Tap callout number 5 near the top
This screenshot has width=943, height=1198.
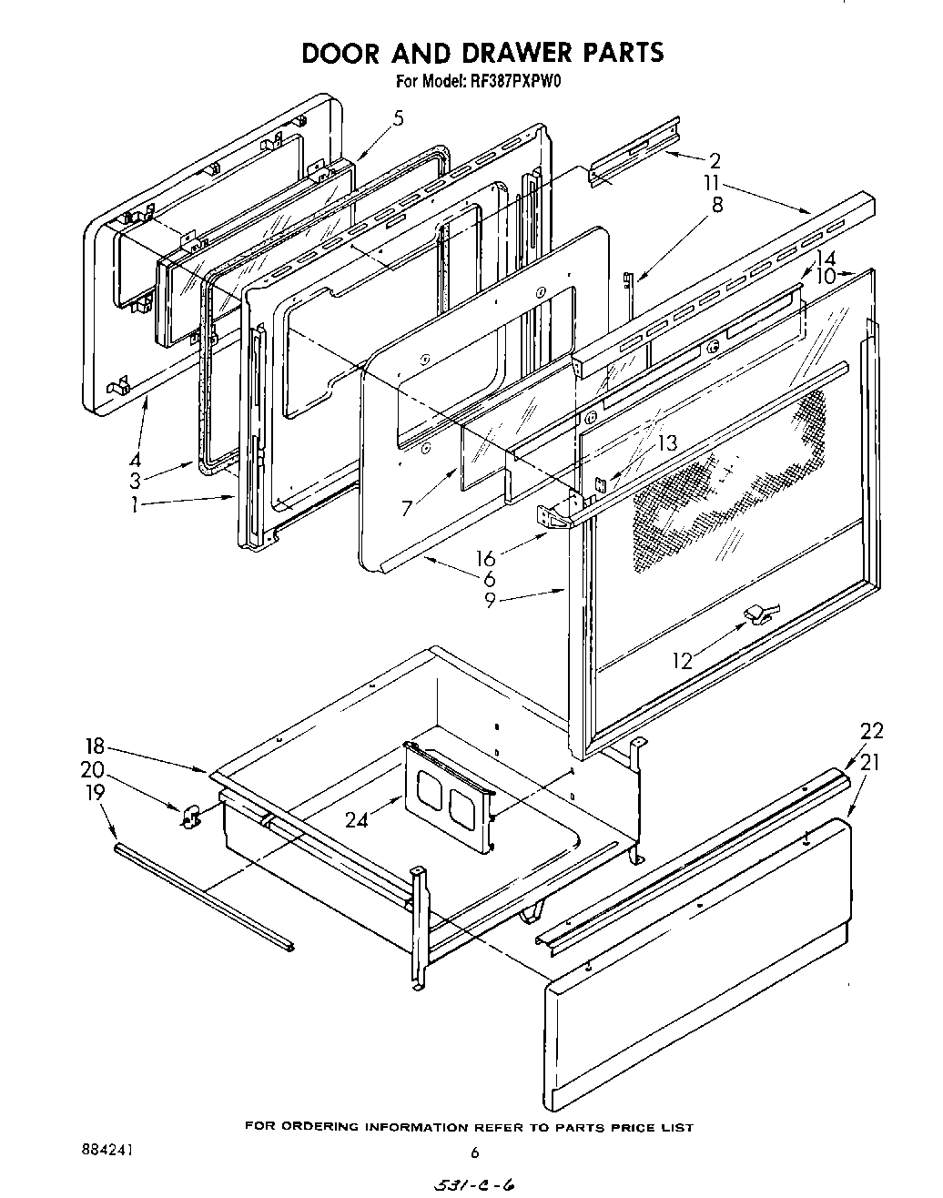(398, 117)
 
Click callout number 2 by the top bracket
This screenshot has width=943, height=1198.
(715, 161)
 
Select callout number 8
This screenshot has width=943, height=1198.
(717, 205)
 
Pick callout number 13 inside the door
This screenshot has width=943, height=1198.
(667, 443)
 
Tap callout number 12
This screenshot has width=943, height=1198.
(683, 660)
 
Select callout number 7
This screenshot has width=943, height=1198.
(408, 507)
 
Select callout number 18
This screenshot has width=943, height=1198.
(94, 748)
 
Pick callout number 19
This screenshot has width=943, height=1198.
(94, 792)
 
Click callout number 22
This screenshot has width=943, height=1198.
(871, 731)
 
